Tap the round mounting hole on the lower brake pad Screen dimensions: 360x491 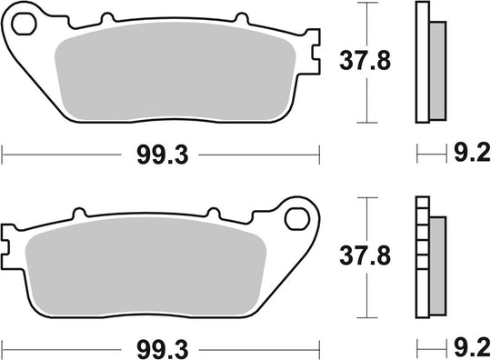pos(296,218)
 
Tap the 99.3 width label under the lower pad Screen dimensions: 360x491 pos(160,347)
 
